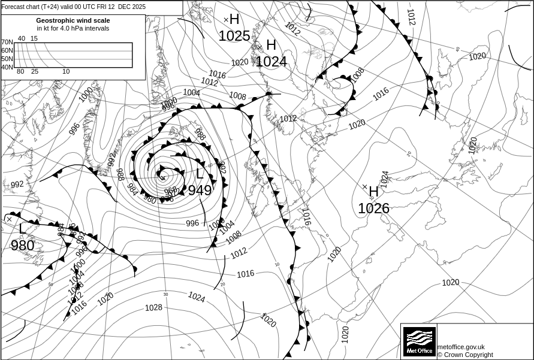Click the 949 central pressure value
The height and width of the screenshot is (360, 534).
click(x=200, y=190)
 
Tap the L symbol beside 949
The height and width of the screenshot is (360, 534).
click(x=200, y=174)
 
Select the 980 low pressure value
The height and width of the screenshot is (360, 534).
click(x=22, y=245)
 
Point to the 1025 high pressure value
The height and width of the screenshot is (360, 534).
click(x=234, y=36)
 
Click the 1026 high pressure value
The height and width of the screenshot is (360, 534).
click(x=373, y=208)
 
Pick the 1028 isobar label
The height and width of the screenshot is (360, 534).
click(x=153, y=308)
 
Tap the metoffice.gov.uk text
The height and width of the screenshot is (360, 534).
click(x=461, y=347)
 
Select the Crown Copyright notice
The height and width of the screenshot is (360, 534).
click(x=465, y=355)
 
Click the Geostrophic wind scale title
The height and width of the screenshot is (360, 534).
click(x=73, y=20)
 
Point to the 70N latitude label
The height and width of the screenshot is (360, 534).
click(x=7, y=43)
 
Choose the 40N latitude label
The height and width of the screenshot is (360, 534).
click(x=7, y=67)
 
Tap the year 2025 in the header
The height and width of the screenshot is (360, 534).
click(x=138, y=7)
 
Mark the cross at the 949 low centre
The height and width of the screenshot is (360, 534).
click(x=162, y=177)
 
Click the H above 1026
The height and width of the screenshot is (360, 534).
click(x=374, y=192)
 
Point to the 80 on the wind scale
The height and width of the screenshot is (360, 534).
click(x=20, y=72)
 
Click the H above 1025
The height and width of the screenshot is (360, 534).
click(x=234, y=20)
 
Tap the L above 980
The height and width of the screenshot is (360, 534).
click(x=22, y=229)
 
